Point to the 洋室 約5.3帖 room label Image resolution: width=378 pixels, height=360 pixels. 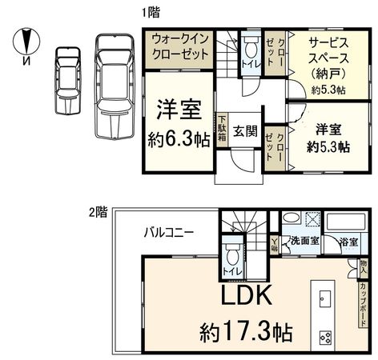[328, 138]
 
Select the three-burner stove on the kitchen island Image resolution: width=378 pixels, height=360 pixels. [326, 334]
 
